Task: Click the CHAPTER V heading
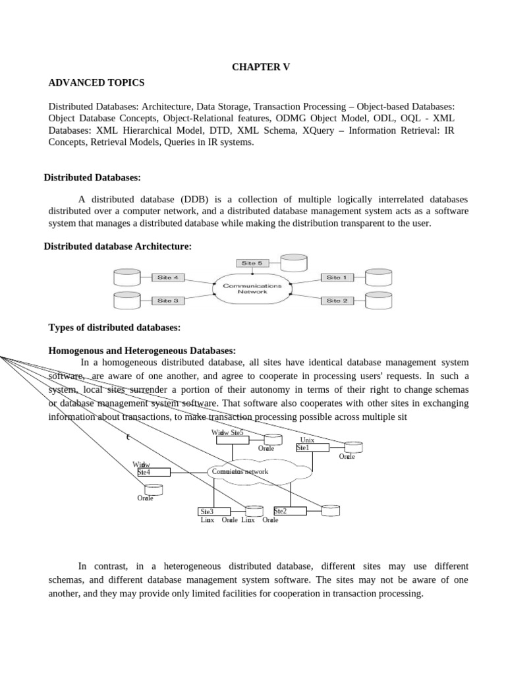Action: (260, 68)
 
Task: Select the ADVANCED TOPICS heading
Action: (96, 83)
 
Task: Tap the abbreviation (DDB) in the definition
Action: (188, 200)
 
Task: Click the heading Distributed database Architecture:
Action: (117, 247)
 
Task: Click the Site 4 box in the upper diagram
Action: (168, 278)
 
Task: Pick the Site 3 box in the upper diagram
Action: (168, 301)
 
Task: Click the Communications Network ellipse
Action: (252, 289)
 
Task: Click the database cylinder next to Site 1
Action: (378, 278)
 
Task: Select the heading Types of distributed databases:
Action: (115, 328)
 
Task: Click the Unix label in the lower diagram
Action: (307, 440)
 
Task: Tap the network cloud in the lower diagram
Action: (260, 472)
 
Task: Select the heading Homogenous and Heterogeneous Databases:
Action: (142, 351)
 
